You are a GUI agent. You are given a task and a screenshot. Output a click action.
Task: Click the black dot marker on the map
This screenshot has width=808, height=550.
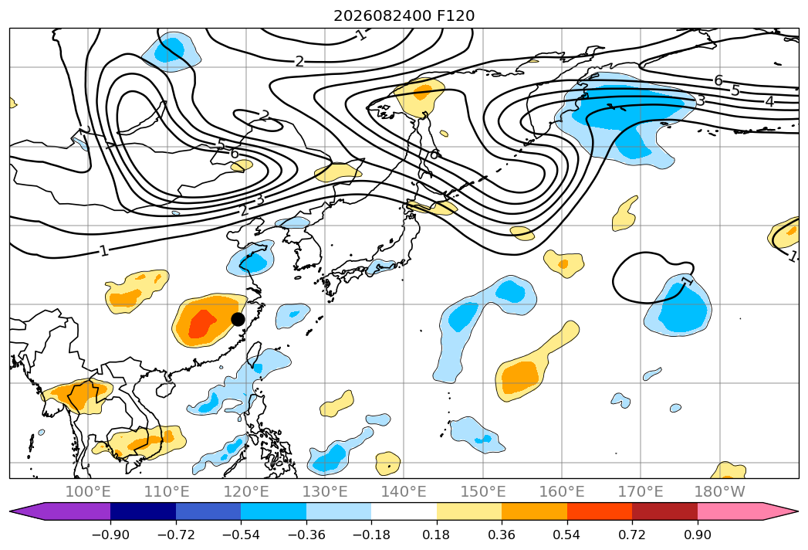(x=238, y=319)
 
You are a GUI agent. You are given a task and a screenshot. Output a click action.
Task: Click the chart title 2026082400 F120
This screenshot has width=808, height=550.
(x=404, y=15)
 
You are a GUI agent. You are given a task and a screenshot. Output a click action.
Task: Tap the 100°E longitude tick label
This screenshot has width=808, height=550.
(x=88, y=491)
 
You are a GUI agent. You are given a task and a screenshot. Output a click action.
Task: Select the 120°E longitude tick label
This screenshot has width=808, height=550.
(x=246, y=491)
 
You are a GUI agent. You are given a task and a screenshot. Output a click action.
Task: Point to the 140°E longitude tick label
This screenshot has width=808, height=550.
(x=404, y=491)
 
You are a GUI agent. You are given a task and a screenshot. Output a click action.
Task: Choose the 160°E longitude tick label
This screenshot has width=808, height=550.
(x=561, y=491)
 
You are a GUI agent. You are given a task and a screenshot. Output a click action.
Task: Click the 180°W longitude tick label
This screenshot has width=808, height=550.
(x=719, y=491)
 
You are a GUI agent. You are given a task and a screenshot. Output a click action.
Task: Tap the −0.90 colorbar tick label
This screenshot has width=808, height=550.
(x=110, y=535)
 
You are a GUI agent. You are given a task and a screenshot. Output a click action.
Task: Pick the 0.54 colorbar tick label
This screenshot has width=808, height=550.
(x=567, y=535)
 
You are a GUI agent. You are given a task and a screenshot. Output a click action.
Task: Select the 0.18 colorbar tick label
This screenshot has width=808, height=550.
(x=437, y=535)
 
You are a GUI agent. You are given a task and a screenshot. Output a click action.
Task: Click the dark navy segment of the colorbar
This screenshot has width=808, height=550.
(x=144, y=511)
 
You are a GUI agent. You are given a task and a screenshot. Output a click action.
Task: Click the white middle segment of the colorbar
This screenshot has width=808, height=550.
(x=404, y=511)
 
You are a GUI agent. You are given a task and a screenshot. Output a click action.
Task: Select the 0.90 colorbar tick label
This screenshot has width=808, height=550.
(x=697, y=535)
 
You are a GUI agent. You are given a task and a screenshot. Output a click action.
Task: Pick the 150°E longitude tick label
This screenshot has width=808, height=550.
(x=482, y=491)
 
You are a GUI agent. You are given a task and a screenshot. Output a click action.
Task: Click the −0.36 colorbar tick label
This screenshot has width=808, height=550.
(x=306, y=535)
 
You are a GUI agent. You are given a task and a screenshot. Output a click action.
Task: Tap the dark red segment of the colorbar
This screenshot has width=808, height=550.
(x=664, y=511)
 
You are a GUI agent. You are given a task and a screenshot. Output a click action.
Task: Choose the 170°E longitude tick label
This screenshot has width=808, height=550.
(x=640, y=491)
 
